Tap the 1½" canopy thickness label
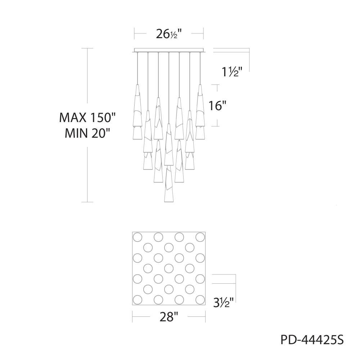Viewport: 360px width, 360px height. click(x=232, y=72)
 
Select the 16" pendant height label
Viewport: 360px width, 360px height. click(x=217, y=106)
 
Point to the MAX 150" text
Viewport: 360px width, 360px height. click(x=87, y=118)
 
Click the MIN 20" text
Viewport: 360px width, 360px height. click(x=87, y=133)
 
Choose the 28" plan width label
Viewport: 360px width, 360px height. click(x=169, y=317)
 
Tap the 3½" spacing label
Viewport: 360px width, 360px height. click(x=224, y=302)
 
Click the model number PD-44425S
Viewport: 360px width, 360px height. click(x=312, y=340)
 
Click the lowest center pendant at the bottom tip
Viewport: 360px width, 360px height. click(x=168, y=202)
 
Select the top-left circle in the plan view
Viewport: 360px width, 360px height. click(x=138, y=237)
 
